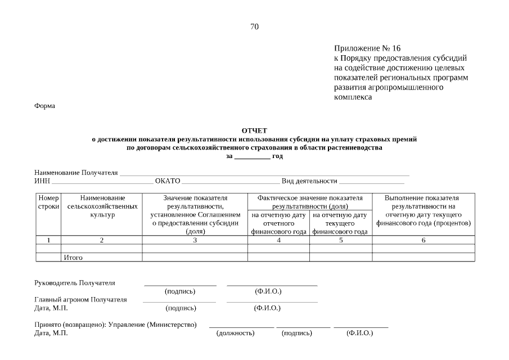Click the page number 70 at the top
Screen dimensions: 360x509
click(x=254, y=26)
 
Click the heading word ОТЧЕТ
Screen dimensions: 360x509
click(x=254, y=130)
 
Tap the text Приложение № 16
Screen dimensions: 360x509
click(x=367, y=48)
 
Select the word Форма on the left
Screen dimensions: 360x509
click(x=44, y=106)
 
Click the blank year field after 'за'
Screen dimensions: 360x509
click(x=251, y=156)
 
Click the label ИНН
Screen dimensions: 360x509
click(x=42, y=181)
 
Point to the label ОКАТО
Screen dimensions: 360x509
click(x=168, y=181)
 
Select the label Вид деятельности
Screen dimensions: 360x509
click(x=309, y=181)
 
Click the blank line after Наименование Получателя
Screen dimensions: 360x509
click(x=264, y=173)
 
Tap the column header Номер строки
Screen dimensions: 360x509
click(x=48, y=202)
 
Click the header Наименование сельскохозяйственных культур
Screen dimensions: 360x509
click(x=102, y=206)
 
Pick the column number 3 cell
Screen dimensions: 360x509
click(x=195, y=240)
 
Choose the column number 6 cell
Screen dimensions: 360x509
click(x=423, y=240)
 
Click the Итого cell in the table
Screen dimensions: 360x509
click(x=73, y=258)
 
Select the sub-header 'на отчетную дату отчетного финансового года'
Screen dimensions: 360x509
click(x=278, y=223)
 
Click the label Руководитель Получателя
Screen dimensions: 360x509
click(x=74, y=283)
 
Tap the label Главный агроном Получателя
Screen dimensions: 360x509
click(x=80, y=299)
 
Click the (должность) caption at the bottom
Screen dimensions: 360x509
click(x=235, y=333)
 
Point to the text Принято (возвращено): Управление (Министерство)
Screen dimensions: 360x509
click(x=115, y=325)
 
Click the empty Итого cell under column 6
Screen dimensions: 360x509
click(x=423, y=258)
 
